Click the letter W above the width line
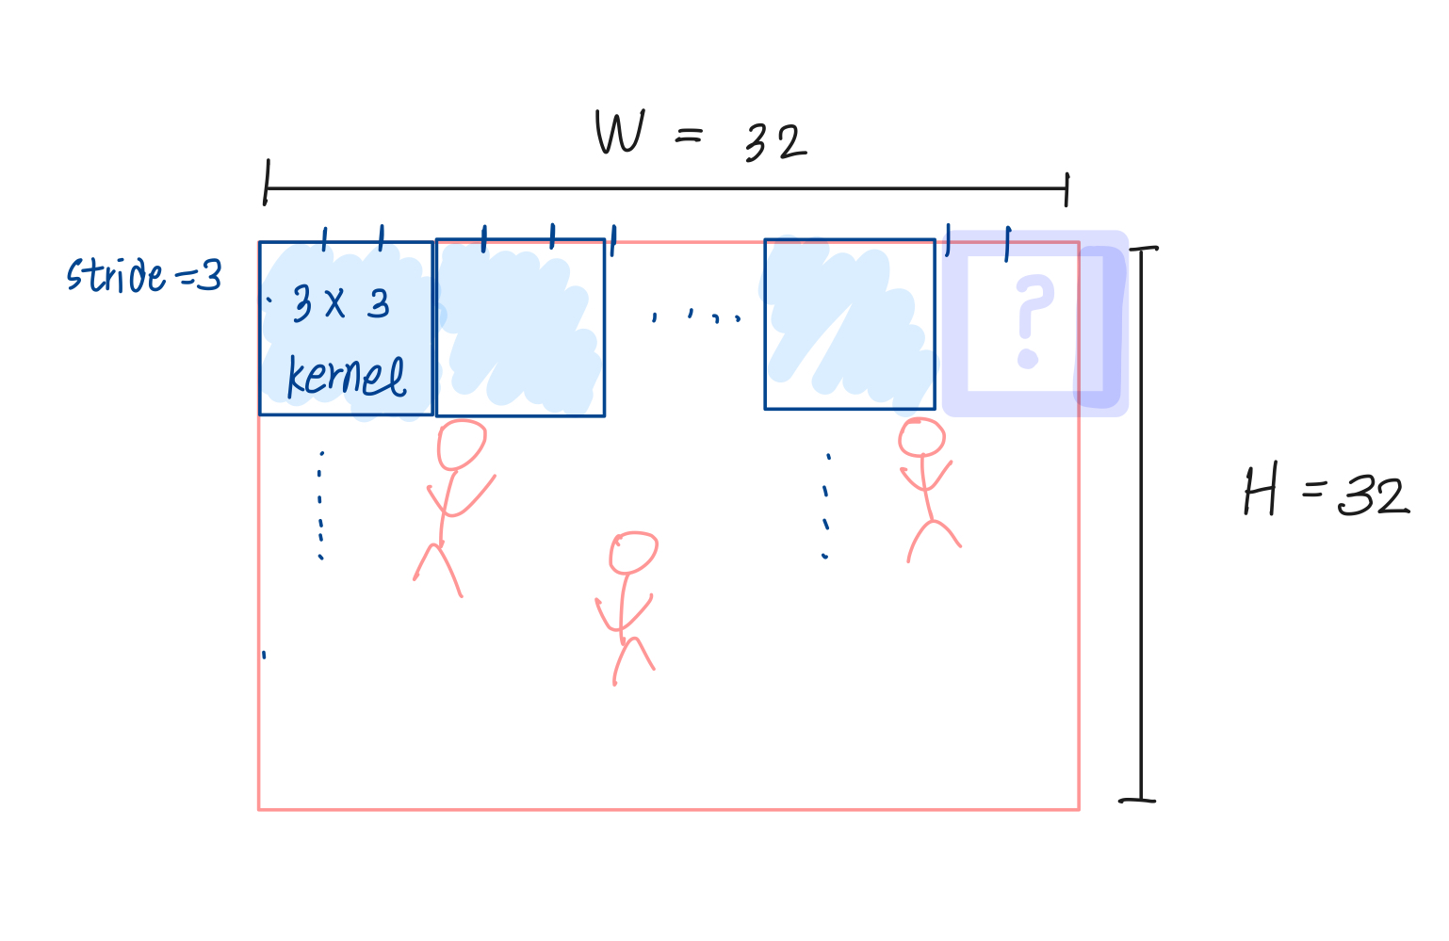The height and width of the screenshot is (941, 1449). point(619,133)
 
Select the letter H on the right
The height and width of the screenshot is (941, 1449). point(1261,492)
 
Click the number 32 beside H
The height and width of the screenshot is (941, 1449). point(1374,495)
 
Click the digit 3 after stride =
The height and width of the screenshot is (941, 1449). point(210,276)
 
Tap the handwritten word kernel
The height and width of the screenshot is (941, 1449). point(346,377)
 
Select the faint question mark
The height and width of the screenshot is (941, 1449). point(1033,321)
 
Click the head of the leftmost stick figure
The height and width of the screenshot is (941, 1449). point(462,445)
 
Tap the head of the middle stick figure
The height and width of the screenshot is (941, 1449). point(633,553)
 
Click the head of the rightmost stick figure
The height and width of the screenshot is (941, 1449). point(921,438)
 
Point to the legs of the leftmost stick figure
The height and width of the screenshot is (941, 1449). point(438,570)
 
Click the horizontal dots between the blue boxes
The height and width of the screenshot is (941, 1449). point(696,316)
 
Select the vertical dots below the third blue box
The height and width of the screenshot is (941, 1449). point(826,507)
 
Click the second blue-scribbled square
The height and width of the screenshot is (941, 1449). point(520,327)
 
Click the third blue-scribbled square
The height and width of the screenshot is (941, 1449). point(849,324)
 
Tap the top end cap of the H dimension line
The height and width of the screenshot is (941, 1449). point(1143,249)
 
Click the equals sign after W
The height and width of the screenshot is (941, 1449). point(689,138)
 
